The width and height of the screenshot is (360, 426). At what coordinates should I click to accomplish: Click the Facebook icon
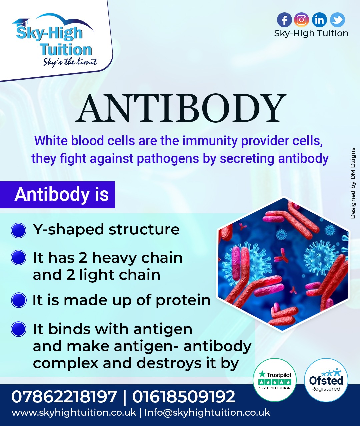click(284, 20)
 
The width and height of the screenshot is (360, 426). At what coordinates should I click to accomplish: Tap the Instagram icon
click(301, 20)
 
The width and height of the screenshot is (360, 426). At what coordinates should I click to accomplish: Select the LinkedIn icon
click(319, 20)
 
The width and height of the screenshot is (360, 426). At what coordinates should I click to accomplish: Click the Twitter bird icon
click(337, 20)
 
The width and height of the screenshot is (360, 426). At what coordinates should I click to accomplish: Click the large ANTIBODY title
click(181, 108)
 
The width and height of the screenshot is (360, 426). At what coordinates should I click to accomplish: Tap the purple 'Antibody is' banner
click(57, 195)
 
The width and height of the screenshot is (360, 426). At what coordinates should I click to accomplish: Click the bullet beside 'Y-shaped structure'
click(18, 230)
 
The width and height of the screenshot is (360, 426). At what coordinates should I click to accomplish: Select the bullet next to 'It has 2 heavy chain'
click(18, 257)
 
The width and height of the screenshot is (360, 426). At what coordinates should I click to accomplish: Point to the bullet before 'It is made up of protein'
click(18, 300)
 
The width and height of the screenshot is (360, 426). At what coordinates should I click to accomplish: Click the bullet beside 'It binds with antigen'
click(18, 329)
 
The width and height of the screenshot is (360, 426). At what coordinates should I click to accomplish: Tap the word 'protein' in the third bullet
click(183, 301)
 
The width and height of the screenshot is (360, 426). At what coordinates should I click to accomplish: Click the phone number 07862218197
click(64, 397)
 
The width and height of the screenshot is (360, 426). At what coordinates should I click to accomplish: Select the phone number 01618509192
click(184, 397)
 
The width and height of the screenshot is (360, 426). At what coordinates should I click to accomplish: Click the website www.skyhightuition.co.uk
click(74, 413)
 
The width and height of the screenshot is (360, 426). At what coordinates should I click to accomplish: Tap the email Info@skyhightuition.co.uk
click(207, 413)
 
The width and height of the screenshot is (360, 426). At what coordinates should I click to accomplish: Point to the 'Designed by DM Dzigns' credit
click(353, 183)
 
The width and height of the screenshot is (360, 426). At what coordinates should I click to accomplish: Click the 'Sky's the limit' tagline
click(70, 62)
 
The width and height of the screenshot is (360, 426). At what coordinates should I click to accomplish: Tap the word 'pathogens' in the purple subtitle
click(168, 159)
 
